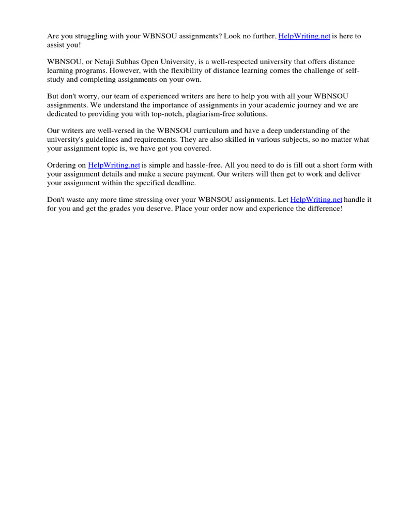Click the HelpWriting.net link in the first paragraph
tap(304, 36)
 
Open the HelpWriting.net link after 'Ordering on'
tap(114, 165)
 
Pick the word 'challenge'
tap(306, 71)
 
